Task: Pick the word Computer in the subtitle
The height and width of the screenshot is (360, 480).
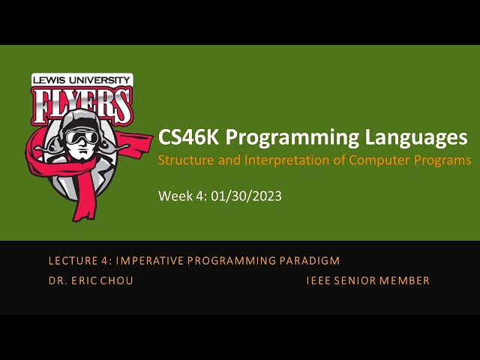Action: point(381,160)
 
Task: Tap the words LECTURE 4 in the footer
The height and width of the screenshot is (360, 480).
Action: point(74,261)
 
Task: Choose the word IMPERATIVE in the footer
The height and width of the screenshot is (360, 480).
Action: point(140,261)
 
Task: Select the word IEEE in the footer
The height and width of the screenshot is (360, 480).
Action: point(319,281)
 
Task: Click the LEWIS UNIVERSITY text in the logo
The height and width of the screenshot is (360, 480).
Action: point(82,79)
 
